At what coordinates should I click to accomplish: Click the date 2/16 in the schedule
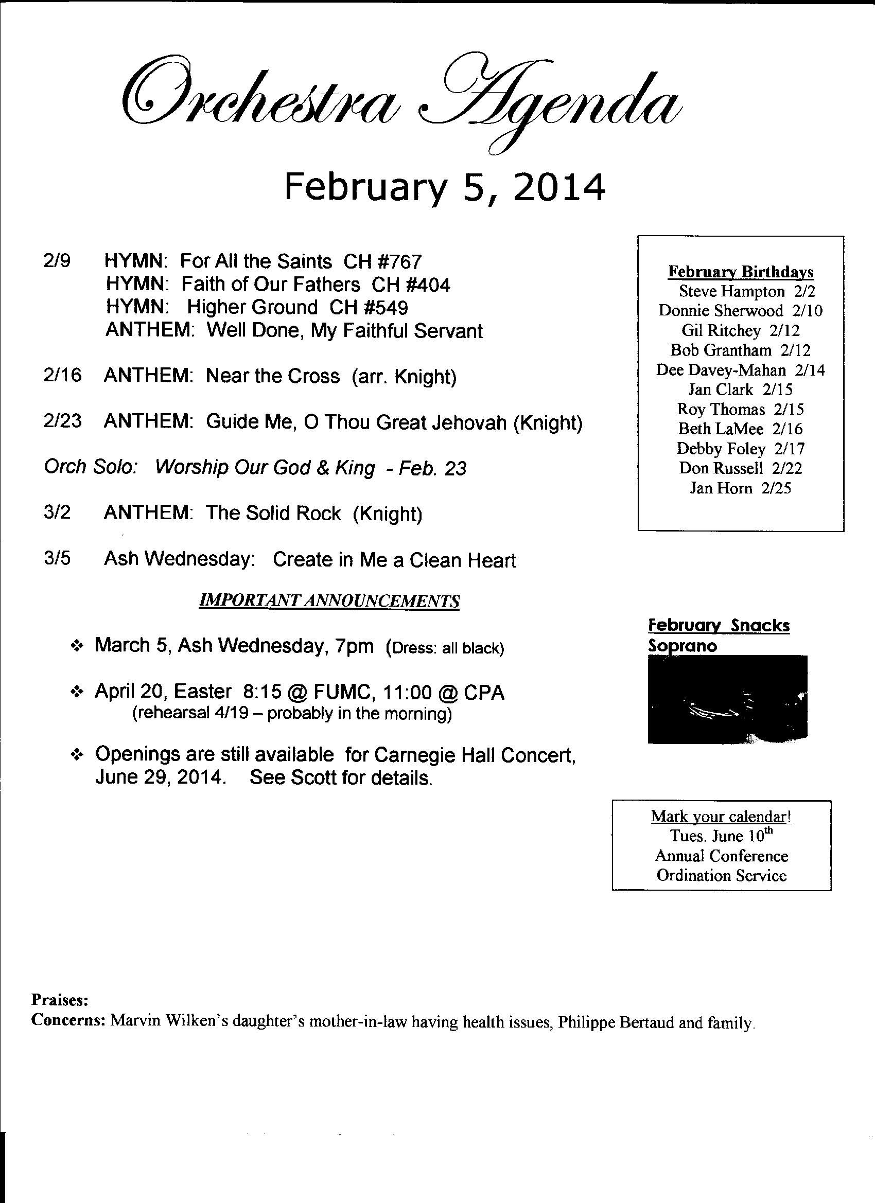(x=63, y=376)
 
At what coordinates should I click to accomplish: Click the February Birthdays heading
(x=741, y=272)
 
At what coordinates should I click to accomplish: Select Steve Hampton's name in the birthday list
(x=732, y=291)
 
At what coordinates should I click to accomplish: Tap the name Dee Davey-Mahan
(x=721, y=370)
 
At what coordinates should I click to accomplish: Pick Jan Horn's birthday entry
(x=740, y=487)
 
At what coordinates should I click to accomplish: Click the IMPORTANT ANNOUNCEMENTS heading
(x=329, y=601)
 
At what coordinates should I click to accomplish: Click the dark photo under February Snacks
(x=727, y=699)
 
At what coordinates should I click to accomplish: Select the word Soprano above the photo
(x=682, y=646)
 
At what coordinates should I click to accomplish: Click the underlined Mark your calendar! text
(x=722, y=816)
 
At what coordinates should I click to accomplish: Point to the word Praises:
(x=59, y=1000)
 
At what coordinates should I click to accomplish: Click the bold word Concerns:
(x=68, y=1020)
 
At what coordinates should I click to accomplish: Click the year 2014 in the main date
(x=559, y=188)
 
